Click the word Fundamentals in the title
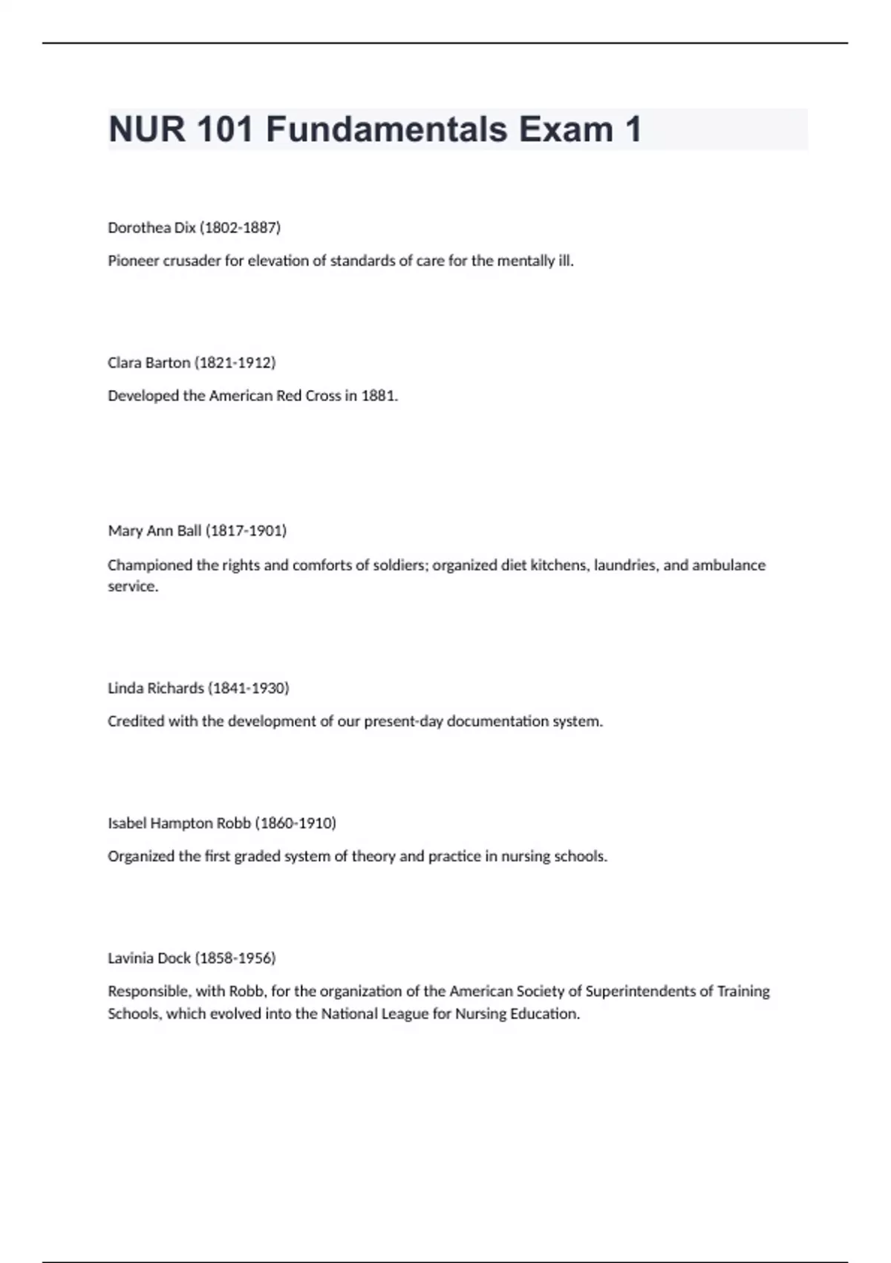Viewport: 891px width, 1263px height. [x=386, y=129]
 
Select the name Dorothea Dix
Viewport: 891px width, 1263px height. [x=151, y=228]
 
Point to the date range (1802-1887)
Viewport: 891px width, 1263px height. [x=240, y=228]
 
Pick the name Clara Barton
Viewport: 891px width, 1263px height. [x=148, y=363]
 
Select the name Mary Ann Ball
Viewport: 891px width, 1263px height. [x=154, y=530]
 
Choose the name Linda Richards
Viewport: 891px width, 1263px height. [x=156, y=688]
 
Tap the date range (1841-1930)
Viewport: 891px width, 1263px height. [x=249, y=688]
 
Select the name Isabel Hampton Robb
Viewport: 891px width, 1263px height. [x=179, y=823]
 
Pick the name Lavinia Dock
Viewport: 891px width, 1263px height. [x=148, y=958]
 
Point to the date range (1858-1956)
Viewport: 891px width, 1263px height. [x=235, y=958]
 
